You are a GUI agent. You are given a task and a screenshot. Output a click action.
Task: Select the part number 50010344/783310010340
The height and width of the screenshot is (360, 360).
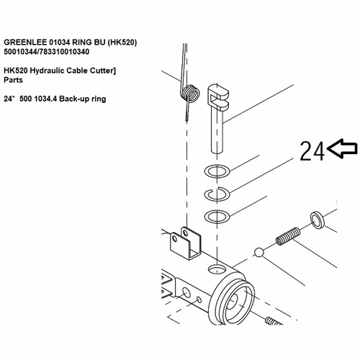(47, 52)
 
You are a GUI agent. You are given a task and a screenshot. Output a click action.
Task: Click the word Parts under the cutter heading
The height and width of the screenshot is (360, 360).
(13, 80)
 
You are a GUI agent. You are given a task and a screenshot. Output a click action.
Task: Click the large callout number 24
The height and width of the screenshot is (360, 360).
(312, 150)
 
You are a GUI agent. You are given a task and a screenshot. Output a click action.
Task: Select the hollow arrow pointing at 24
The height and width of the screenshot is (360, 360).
(342, 148)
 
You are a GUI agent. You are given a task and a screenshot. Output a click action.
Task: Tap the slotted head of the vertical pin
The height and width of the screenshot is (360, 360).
(217, 96)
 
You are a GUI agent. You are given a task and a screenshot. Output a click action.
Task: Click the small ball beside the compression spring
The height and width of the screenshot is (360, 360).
(258, 253)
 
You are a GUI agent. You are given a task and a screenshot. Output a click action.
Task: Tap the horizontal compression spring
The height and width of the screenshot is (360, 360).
(288, 236)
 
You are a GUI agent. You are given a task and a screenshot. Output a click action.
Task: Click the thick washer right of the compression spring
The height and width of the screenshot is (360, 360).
(318, 220)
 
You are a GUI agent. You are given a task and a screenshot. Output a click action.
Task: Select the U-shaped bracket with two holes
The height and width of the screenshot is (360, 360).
(185, 243)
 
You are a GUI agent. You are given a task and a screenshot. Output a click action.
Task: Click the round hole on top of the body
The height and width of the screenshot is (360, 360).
(217, 269)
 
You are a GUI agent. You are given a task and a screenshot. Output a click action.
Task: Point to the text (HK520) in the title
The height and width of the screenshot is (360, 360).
(122, 42)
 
